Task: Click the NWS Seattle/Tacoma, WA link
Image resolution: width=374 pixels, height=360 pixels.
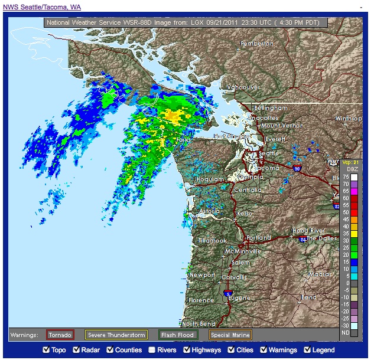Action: [42, 7]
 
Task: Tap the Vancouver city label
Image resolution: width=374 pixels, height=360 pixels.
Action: [243, 87]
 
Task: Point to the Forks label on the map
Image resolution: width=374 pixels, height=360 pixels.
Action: [185, 140]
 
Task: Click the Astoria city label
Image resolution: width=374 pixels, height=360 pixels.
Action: [209, 211]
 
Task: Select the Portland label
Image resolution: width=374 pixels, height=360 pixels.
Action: [259, 238]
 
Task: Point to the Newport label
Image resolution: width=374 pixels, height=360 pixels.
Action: [203, 275]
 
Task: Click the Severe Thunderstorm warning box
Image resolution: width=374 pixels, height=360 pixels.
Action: [116, 335]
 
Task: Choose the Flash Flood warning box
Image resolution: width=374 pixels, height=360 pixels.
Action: [178, 335]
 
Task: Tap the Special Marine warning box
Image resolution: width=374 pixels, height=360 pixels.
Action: [230, 335]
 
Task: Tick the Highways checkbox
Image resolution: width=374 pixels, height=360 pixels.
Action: [187, 350]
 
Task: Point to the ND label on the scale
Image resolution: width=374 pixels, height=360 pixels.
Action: [345, 333]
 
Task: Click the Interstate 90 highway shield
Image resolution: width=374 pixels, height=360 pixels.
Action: [297, 168]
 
